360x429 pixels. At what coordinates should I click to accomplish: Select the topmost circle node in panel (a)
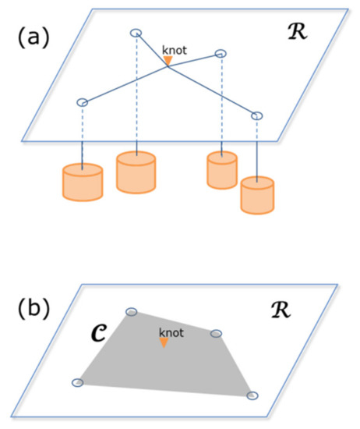click(x=135, y=33)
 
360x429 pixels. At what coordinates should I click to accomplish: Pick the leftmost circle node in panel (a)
click(x=82, y=101)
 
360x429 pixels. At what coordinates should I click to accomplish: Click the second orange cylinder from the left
click(x=137, y=172)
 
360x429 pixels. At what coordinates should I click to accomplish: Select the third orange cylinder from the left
click(x=221, y=169)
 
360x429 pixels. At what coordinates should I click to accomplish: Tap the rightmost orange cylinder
click(x=258, y=195)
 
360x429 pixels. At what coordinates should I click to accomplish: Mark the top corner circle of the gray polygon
click(x=132, y=312)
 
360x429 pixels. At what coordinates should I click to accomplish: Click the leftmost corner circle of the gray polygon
click(x=77, y=382)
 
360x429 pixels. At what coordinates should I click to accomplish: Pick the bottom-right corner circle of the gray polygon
click(x=252, y=395)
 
